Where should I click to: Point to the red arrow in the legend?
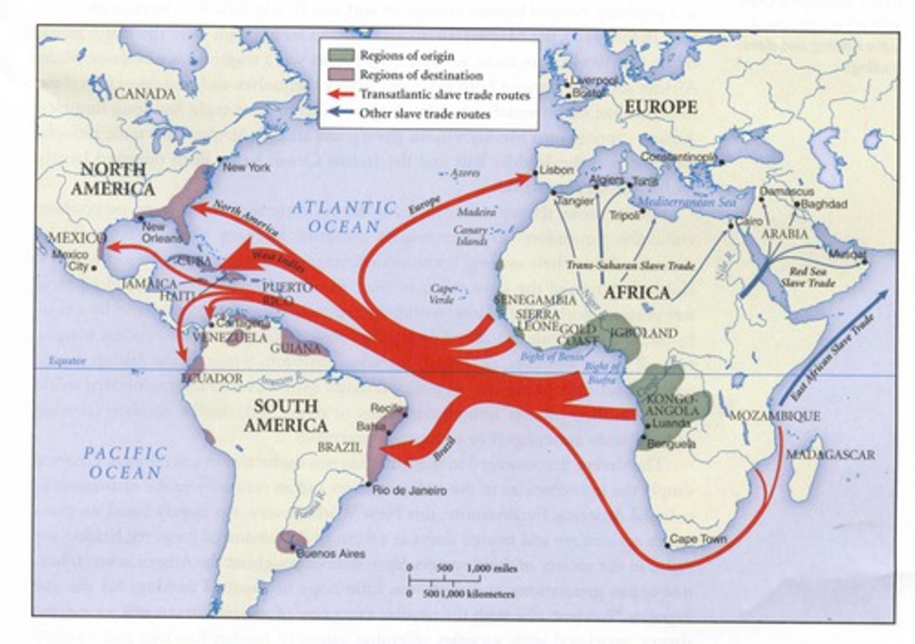(341, 95)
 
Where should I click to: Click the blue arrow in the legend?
(341, 114)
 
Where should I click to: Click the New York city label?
(247, 167)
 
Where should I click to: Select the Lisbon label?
(557, 171)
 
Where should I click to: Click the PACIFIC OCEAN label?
(125, 463)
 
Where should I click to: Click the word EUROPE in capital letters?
(660, 107)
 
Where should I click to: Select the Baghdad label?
(824, 204)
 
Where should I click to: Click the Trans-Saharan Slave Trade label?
(630, 266)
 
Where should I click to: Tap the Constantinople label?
(679, 157)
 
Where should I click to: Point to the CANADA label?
(145, 94)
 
